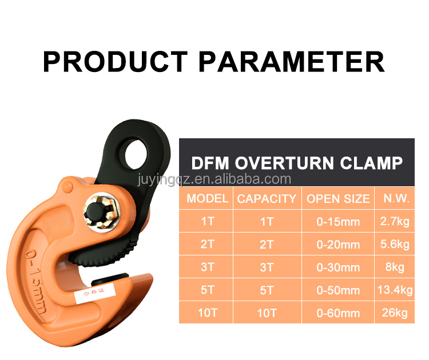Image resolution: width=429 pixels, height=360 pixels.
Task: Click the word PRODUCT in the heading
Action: [115, 62]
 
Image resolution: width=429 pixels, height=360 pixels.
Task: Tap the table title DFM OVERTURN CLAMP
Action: [296, 163]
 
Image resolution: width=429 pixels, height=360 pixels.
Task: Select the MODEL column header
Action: [208, 199]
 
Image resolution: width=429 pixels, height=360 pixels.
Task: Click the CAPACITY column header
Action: [267, 199]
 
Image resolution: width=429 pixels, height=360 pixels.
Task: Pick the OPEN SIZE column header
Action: [338, 199]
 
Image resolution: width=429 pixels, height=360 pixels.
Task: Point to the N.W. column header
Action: [395, 199]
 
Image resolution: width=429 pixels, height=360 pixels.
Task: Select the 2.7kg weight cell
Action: [395, 221]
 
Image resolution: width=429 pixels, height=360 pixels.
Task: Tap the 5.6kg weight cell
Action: [395, 245]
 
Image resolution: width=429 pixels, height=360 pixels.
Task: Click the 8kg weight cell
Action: [395, 267]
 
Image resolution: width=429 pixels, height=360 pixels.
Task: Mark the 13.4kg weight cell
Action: [395, 290]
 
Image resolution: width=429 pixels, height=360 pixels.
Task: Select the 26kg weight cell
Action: [395, 313]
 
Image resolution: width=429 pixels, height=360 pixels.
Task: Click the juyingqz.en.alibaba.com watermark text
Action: [214, 179]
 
